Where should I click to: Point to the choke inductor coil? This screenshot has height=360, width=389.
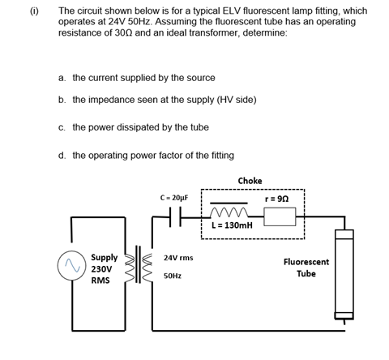233,213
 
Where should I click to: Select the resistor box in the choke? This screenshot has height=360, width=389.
280,216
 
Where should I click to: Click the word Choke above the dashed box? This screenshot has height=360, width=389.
250,180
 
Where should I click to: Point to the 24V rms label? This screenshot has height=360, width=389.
177,258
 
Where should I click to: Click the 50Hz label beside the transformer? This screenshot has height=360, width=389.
173,276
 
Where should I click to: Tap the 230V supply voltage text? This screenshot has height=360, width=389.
101,268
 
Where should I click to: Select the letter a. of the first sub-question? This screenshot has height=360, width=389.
62,78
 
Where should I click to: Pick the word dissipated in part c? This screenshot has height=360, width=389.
166,127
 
